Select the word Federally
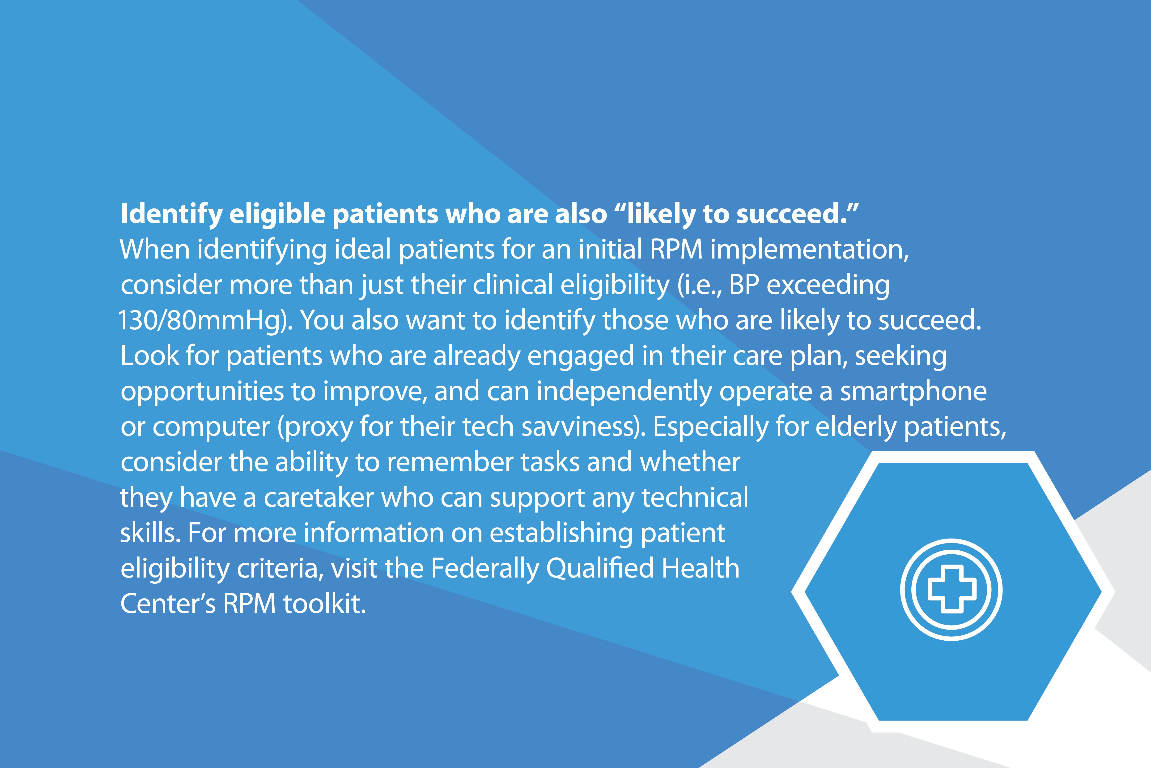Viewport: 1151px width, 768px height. click(484, 568)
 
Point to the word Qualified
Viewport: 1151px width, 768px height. click(600, 568)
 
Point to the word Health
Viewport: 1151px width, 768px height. click(701, 568)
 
